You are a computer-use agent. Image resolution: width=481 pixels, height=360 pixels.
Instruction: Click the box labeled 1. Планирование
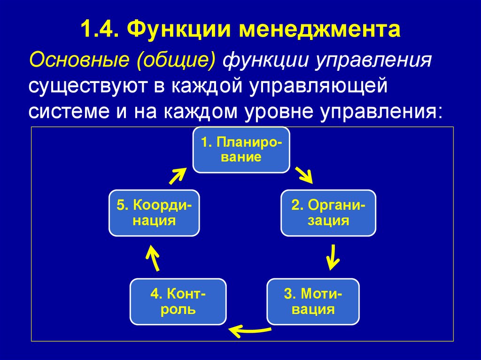click(241, 150)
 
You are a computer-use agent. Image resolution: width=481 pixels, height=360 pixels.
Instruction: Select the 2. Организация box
click(328, 213)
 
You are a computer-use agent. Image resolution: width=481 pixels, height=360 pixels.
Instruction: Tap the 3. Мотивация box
click(313, 301)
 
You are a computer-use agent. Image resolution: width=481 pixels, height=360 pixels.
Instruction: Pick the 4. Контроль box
click(178, 301)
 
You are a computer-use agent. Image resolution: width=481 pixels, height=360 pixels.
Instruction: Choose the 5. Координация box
click(155, 213)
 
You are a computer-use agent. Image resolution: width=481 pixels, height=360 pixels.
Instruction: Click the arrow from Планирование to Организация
click(303, 175)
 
